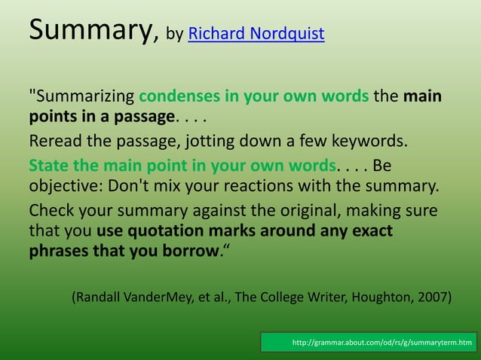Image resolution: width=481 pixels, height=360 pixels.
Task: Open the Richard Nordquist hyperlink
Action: (x=256, y=34)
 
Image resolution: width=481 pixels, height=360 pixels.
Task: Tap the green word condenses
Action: (x=177, y=97)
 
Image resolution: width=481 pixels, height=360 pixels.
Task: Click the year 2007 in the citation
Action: (x=434, y=297)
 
